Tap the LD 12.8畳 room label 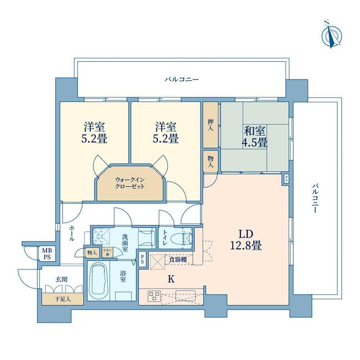coord(246,240)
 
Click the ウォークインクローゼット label coord(130,183)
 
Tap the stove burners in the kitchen coord(154,296)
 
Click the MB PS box coord(47,254)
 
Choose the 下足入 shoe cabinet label coord(62,299)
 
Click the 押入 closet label coord(210,125)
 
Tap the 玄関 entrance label coord(61,279)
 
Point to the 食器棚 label coord(178,260)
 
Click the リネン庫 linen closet coord(107,252)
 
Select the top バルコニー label coord(182,79)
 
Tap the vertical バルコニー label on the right coord(315,198)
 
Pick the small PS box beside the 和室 coord(286,179)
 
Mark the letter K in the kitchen coord(171,279)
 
